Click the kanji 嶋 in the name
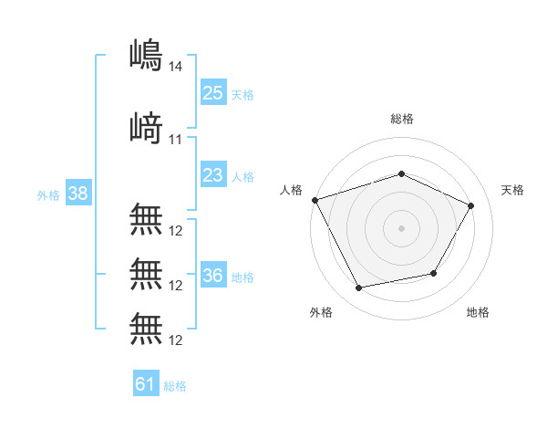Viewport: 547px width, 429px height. point(147,55)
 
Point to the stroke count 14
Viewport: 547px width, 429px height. point(177,67)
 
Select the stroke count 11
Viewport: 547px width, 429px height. point(177,139)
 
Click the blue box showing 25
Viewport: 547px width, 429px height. point(213,92)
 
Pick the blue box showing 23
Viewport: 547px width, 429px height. point(213,175)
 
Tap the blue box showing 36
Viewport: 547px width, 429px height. point(213,276)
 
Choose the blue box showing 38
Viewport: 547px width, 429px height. point(77,194)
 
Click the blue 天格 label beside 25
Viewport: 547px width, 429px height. point(243,94)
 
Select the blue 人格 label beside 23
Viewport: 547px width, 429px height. point(243,177)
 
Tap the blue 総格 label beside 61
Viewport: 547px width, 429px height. point(175,386)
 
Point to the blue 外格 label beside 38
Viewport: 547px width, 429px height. point(47,195)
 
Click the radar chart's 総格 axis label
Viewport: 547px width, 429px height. point(402,119)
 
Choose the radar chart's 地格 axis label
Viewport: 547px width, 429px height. point(478,312)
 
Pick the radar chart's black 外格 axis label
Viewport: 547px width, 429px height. point(321,312)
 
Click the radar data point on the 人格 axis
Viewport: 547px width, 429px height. point(315,200)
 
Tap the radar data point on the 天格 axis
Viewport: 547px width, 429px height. point(471,206)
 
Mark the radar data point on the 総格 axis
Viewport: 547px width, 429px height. point(401,173)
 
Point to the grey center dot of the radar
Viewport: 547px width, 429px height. point(401,227)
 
